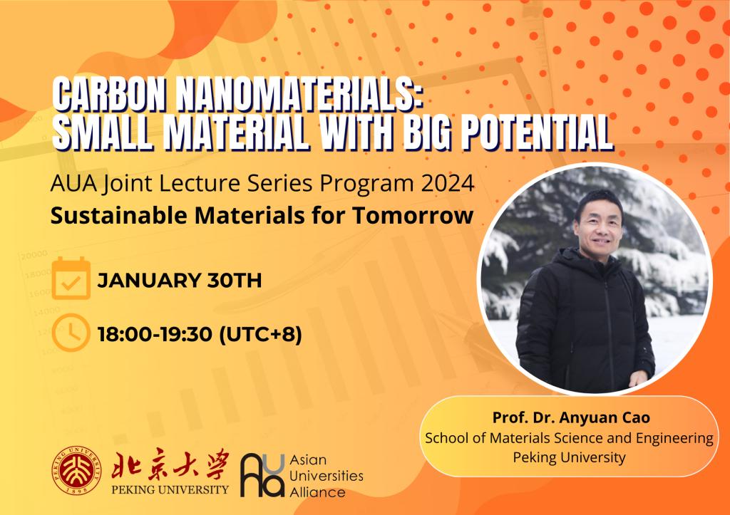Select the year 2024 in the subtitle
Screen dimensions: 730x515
pyautogui.click(x=448, y=183)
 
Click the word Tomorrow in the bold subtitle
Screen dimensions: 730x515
pyautogui.click(x=413, y=215)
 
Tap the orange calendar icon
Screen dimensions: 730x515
pyautogui.click(x=71, y=278)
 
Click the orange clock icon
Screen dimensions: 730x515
pyautogui.click(x=71, y=333)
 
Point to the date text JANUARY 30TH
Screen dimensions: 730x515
pyautogui.click(x=179, y=281)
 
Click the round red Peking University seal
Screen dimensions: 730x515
pyautogui.click(x=76, y=470)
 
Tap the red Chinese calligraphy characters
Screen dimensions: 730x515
pyautogui.click(x=170, y=464)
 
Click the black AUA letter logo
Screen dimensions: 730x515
pyautogui.click(x=262, y=475)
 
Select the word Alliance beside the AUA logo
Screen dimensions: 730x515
pyautogui.click(x=317, y=492)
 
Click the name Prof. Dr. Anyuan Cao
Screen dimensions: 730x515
pyautogui.click(x=571, y=417)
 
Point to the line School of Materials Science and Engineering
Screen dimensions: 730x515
pyautogui.click(x=569, y=438)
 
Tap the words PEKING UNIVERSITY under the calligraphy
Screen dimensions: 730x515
pyautogui.click(x=170, y=489)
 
